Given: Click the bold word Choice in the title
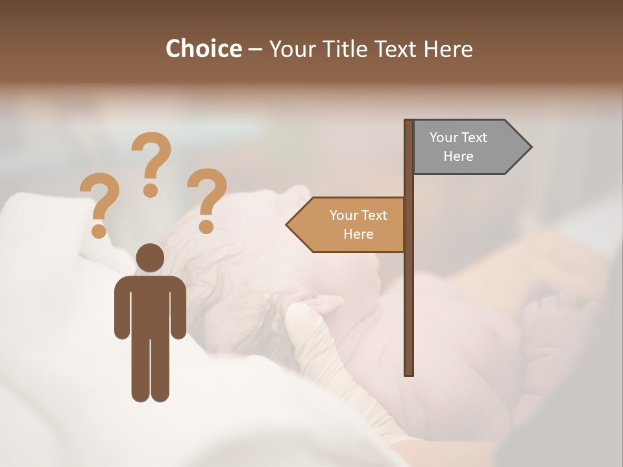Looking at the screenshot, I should pyautogui.click(x=203, y=49).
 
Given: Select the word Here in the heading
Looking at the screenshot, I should pyautogui.click(x=448, y=49).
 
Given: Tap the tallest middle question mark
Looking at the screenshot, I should pyautogui.click(x=151, y=162).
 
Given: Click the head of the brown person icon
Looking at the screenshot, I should pyautogui.click(x=150, y=257).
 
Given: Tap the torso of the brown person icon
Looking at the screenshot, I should pyautogui.click(x=150, y=305).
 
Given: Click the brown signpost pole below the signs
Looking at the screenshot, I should pyautogui.click(x=409, y=311).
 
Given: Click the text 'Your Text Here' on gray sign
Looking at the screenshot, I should pyautogui.click(x=458, y=147).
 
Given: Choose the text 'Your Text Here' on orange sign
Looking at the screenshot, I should pyautogui.click(x=358, y=224).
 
